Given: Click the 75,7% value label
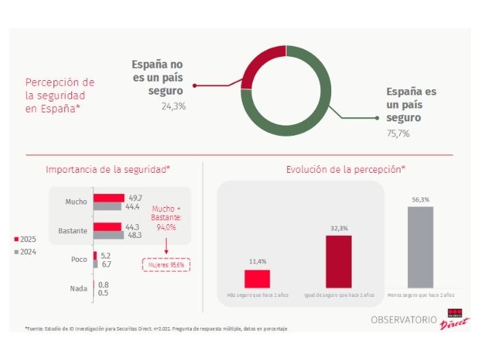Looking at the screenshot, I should pos(398,134).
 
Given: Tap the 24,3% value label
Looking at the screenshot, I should pos(173,106).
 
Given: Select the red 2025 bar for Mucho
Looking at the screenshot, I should pos(109,198).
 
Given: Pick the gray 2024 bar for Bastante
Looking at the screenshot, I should pos(108,235).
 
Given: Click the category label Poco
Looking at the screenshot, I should pos(79,260).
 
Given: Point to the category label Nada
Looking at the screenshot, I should pos(78,289).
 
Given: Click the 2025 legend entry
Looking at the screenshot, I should pos(25,239).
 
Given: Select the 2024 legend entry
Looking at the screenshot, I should pos(25,252).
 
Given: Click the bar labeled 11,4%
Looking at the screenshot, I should pos(257,278).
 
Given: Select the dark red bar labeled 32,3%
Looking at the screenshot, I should pos(339,261).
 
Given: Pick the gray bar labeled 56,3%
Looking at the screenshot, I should pos(420,247).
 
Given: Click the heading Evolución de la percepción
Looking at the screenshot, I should pos(346,169).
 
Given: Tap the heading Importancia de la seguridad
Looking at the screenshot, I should pos(108,169).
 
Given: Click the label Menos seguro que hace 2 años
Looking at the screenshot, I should pos(420,295).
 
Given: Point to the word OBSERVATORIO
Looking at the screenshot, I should pos(404,320).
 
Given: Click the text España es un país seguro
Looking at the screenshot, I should pos(411,104).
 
